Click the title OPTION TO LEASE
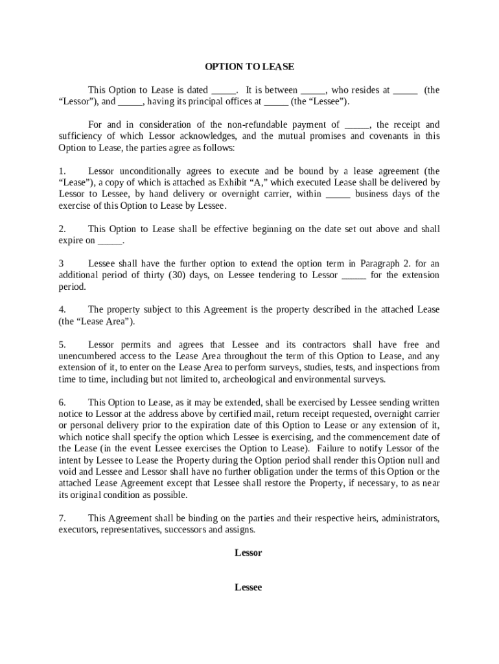pyautogui.click(x=250, y=67)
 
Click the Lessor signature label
pyautogui.click(x=248, y=553)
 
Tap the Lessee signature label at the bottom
pyautogui.click(x=248, y=587)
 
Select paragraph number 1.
pyautogui.click(x=62, y=171)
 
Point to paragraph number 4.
pyautogui.click(x=62, y=309)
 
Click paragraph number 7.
pyautogui.click(x=62, y=518)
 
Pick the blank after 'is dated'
pyautogui.click(x=224, y=91)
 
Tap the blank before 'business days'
pyautogui.click(x=338, y=195)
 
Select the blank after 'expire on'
pyautogui.click(x=110, y=241)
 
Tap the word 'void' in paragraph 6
pyautogui.click(x=67, y=471)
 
